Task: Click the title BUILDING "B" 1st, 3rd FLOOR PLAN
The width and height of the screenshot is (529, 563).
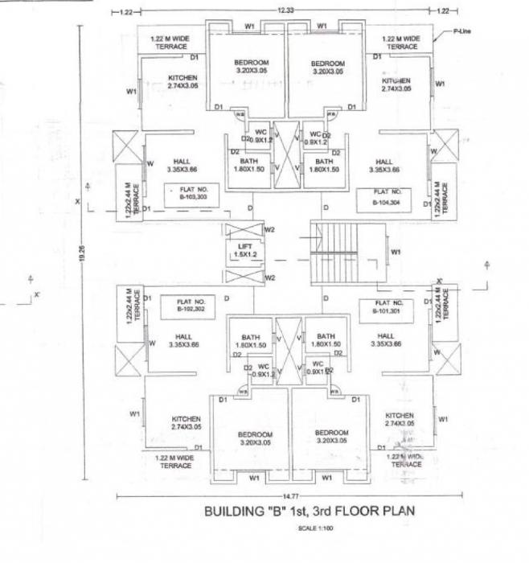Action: click(x=310, y=511)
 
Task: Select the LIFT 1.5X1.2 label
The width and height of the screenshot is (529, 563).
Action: click(x=244, y=250)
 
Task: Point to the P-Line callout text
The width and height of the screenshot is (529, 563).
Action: click(x=461, y=31)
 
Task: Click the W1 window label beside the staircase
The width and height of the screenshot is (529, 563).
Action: click(x=396, y=252)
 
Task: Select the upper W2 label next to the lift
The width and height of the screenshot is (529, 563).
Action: click(x=271, y=231)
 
